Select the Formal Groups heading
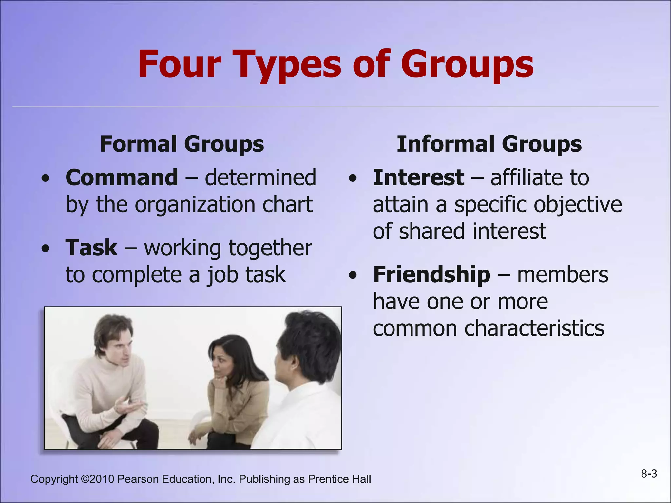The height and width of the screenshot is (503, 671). (182, 144)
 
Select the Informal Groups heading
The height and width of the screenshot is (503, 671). (489, 144)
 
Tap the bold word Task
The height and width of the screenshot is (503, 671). (91, 248)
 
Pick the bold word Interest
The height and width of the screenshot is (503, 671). (418, 178)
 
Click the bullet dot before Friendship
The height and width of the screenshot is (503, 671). (353, 275)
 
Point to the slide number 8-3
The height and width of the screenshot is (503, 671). (649, 474)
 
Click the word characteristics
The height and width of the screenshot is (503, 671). (534, 328)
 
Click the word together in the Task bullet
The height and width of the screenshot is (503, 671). (270, 248)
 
